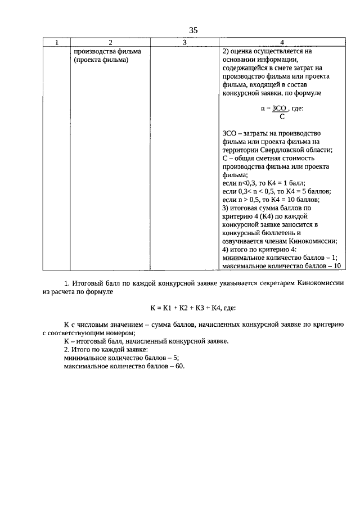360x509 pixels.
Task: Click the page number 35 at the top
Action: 193,30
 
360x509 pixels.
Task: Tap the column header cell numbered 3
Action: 184,43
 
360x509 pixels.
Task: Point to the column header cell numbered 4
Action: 282,43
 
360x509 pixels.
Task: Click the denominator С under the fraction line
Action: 281,117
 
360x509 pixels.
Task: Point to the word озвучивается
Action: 244,241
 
